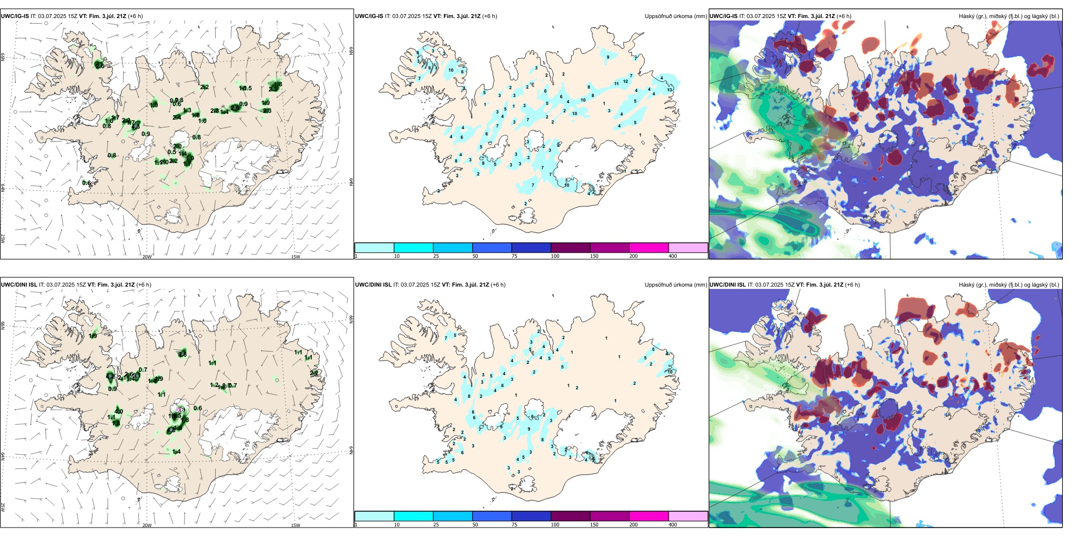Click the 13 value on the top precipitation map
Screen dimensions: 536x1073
tap(670, 90)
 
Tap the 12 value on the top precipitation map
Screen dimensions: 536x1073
tap(625, 81)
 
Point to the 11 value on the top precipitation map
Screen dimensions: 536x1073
tap(616, 84)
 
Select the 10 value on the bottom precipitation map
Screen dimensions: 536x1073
tap(670, 372)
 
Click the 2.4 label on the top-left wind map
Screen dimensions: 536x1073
tap(177, 117)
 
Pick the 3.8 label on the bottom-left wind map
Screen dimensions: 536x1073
tap(182, 354)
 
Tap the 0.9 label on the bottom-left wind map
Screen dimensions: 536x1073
tap(112, 389)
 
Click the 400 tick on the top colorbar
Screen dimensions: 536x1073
tap(673, 256)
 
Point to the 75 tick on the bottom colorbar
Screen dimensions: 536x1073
tap(514, 525)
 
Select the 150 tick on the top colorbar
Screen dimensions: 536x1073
tap(594, 256)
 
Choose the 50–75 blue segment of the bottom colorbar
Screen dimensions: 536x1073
tap(491, 516)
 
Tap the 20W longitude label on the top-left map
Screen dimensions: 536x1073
tap(147, 257)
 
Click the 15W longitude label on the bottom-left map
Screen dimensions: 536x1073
tap(295, 525)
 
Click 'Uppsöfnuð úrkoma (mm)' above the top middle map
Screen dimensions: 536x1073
tap(675, 16)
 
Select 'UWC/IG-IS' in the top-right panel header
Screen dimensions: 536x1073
tap(723, 16)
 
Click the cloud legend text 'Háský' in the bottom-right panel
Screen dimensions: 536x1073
tap(967, 285)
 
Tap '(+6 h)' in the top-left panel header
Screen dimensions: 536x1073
tap(136, 16)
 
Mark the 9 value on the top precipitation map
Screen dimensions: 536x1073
tap(608, 57)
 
